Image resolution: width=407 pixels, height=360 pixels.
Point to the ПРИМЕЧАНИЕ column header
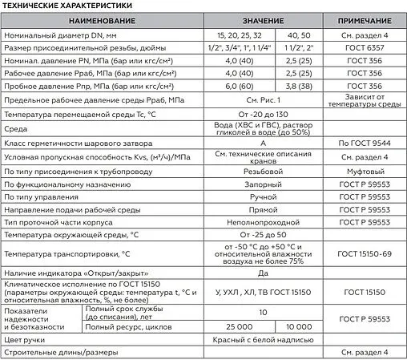(364, 19)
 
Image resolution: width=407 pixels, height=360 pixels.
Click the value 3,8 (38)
(298, 86)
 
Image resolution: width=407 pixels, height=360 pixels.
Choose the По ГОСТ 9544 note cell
(364, 144)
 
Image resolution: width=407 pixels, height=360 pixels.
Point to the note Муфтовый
(364, 172)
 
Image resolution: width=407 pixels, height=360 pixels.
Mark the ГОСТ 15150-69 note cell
(364, 254)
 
